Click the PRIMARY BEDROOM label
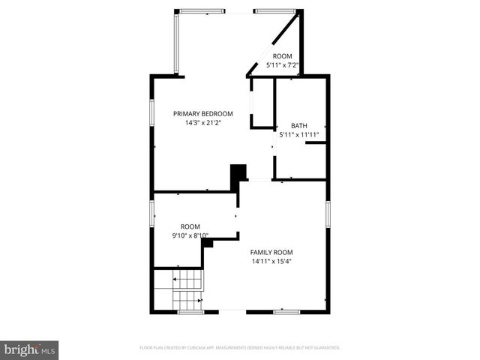198,113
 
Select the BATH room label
298,126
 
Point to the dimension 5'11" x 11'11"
298,135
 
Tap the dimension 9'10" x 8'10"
190,235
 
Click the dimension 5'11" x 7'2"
283,65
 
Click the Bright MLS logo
30,349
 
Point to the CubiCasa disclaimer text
239,348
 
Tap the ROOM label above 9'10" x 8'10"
190,226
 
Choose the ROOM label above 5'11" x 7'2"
282,56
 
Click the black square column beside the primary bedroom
238,173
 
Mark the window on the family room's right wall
328,213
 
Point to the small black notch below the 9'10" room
208,243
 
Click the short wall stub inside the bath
316,142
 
